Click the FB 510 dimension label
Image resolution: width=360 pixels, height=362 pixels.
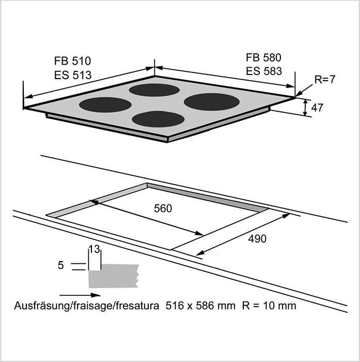coord(73,61)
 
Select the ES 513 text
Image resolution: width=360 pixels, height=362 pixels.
coord(73,75)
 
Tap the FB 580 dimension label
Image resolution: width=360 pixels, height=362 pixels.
coord(263,57)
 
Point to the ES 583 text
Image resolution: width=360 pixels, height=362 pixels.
coord(263,71)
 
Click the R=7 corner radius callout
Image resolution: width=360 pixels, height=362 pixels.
coord(325,80)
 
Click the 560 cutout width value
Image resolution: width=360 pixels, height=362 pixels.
coord(163,208)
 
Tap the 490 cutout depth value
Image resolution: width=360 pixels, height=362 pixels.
coord(256,238)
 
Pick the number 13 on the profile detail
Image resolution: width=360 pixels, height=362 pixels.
coord(94,249)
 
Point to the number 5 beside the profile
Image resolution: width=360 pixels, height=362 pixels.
coord(61,265)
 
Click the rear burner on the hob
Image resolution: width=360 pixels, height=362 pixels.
coord(154,90)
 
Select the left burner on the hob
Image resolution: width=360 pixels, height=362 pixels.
coord(105,104)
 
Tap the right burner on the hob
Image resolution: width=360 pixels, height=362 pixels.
coord(211,101)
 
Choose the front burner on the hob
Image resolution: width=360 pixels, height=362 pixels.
coord(158,119)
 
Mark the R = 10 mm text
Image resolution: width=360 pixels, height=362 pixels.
coord(269,306)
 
